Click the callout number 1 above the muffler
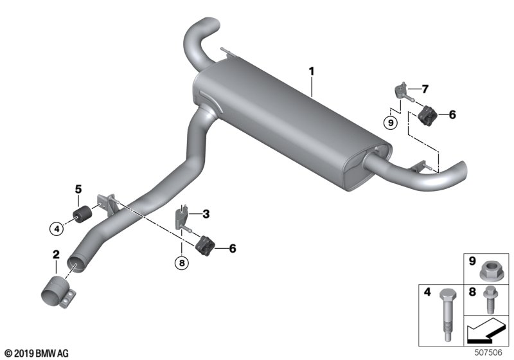pyautogui.click(x=312, y=71)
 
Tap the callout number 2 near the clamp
pyautogui.click(x=56, y=255)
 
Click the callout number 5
pyautogui.click(x=78, y=189)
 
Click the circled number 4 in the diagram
pyautogui.click(x=57, y=228)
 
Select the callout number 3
pyautogui.click(x=206, y=214)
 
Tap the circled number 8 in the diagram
pyautogui.click(x=182, y=263)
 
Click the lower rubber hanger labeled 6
pyautogui.click(x=205, y=246)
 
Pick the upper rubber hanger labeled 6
pyautogui.click(x=427, y=115)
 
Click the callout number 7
pyautogui.click(x=425, y=89)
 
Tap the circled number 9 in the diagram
pyautogui.click(x=391, y=123)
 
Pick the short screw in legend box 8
pyautogui.click(x=491, y=300)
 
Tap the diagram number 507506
pyautogui.click(x=488, y=353)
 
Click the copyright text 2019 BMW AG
pyautogui.click(x=37, y=354)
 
